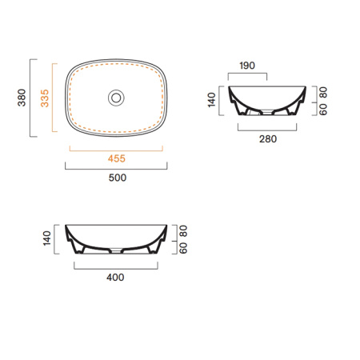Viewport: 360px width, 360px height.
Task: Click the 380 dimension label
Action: tap(22, 98)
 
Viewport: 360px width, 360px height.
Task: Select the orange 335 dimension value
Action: tap(45, 98)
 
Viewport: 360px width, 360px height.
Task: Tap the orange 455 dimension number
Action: tap(117, 158)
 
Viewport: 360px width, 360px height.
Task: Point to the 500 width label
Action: tap(118, 178)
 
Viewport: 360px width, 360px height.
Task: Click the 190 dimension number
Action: tap(247, 66)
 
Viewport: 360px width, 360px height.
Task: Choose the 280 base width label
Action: tap(268, 139)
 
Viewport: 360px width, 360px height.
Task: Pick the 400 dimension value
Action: tap(115, 278)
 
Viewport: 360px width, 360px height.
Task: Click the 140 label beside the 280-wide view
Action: tap(211, 100)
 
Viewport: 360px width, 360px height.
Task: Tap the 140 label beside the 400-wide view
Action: tap(47, 238)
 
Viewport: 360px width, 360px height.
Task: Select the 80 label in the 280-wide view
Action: tap(323, 93)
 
